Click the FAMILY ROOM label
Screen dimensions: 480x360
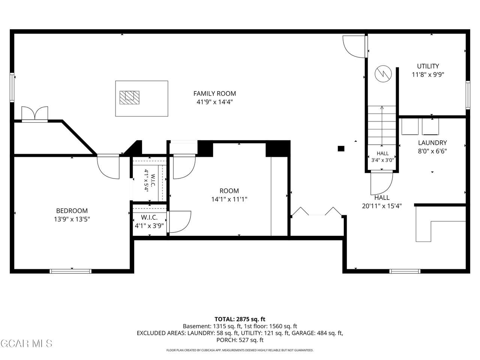214,93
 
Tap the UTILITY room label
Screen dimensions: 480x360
428,66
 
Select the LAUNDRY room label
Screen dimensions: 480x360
432,143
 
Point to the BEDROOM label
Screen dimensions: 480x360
72,211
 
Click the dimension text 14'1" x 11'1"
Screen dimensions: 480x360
229,199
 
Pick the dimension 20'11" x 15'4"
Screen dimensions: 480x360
382,206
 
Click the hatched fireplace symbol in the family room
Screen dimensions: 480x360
129,97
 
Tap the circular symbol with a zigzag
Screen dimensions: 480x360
383,73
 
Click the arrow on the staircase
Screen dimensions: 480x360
382,126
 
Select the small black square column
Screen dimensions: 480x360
341,148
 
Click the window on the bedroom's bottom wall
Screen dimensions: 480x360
70,271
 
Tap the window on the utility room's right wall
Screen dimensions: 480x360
468,95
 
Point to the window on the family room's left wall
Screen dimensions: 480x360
12,87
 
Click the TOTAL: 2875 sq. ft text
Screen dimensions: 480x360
240,319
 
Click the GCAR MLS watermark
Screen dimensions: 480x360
27,343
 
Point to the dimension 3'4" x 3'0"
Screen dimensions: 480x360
382,160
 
